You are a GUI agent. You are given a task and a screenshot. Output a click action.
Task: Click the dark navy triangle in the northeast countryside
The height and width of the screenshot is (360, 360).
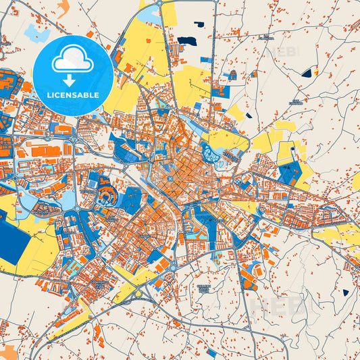pyautogui.click(x=309, y=72)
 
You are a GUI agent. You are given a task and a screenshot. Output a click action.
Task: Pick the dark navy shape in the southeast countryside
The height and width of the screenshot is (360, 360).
pyautogui.click(x=346, y=292)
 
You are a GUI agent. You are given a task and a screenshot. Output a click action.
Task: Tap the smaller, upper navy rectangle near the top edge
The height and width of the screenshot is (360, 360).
pyautogui.click(x=199, y=25)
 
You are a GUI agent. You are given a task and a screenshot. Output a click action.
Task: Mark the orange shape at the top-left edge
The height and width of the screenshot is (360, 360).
pyautogui.click(x=63, y=8)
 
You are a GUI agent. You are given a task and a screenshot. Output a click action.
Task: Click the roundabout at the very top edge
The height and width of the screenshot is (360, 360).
pyautogui.click(x=159, y=3)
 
